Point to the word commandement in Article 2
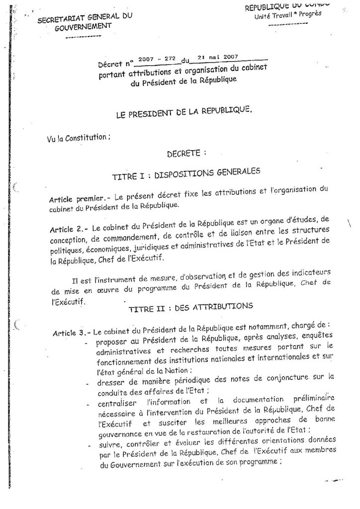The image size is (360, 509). click(x=130, y=242)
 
